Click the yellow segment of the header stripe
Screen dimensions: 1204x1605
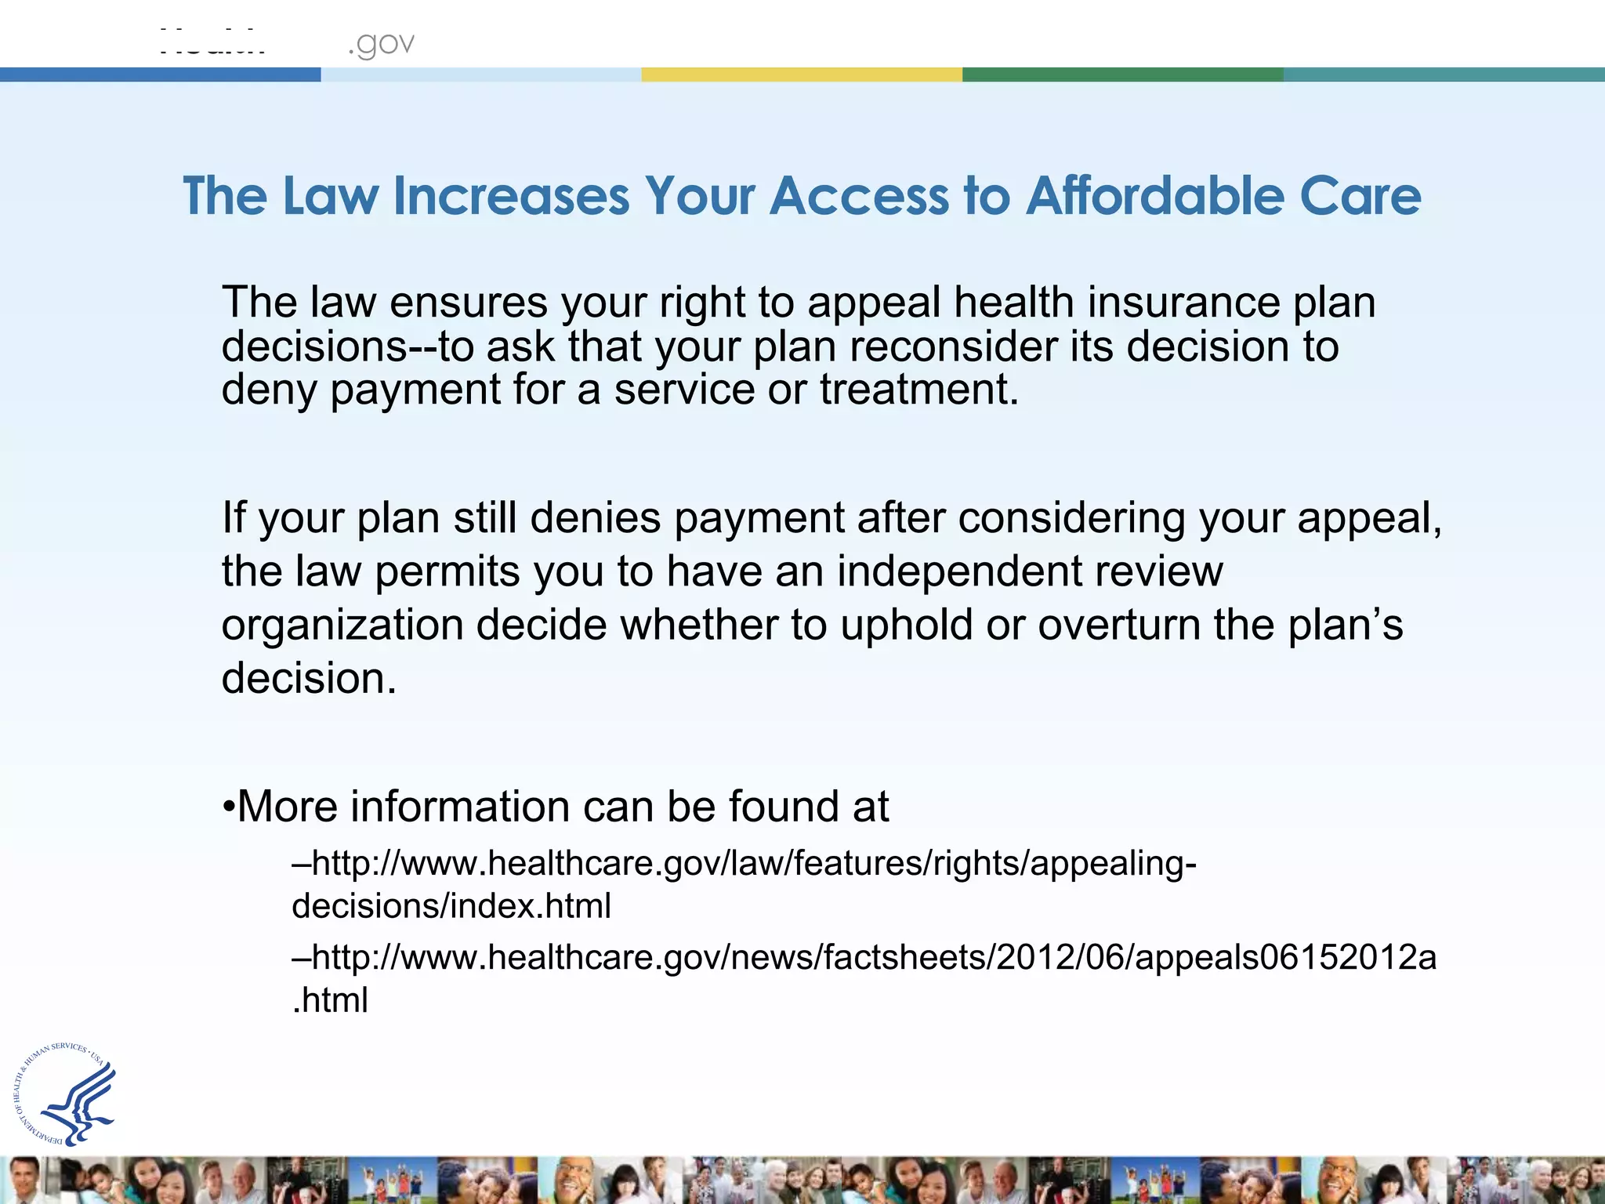click(802, 74)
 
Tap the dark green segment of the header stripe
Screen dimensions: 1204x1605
click(1122, 74)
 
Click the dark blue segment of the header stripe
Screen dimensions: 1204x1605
click(160, 74)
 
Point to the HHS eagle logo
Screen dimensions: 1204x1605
click(66, 1094)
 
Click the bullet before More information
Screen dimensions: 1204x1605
click(228, 807)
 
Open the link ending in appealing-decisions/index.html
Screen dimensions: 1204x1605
click(745, 864)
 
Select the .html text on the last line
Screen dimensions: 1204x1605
click(330, 1001)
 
